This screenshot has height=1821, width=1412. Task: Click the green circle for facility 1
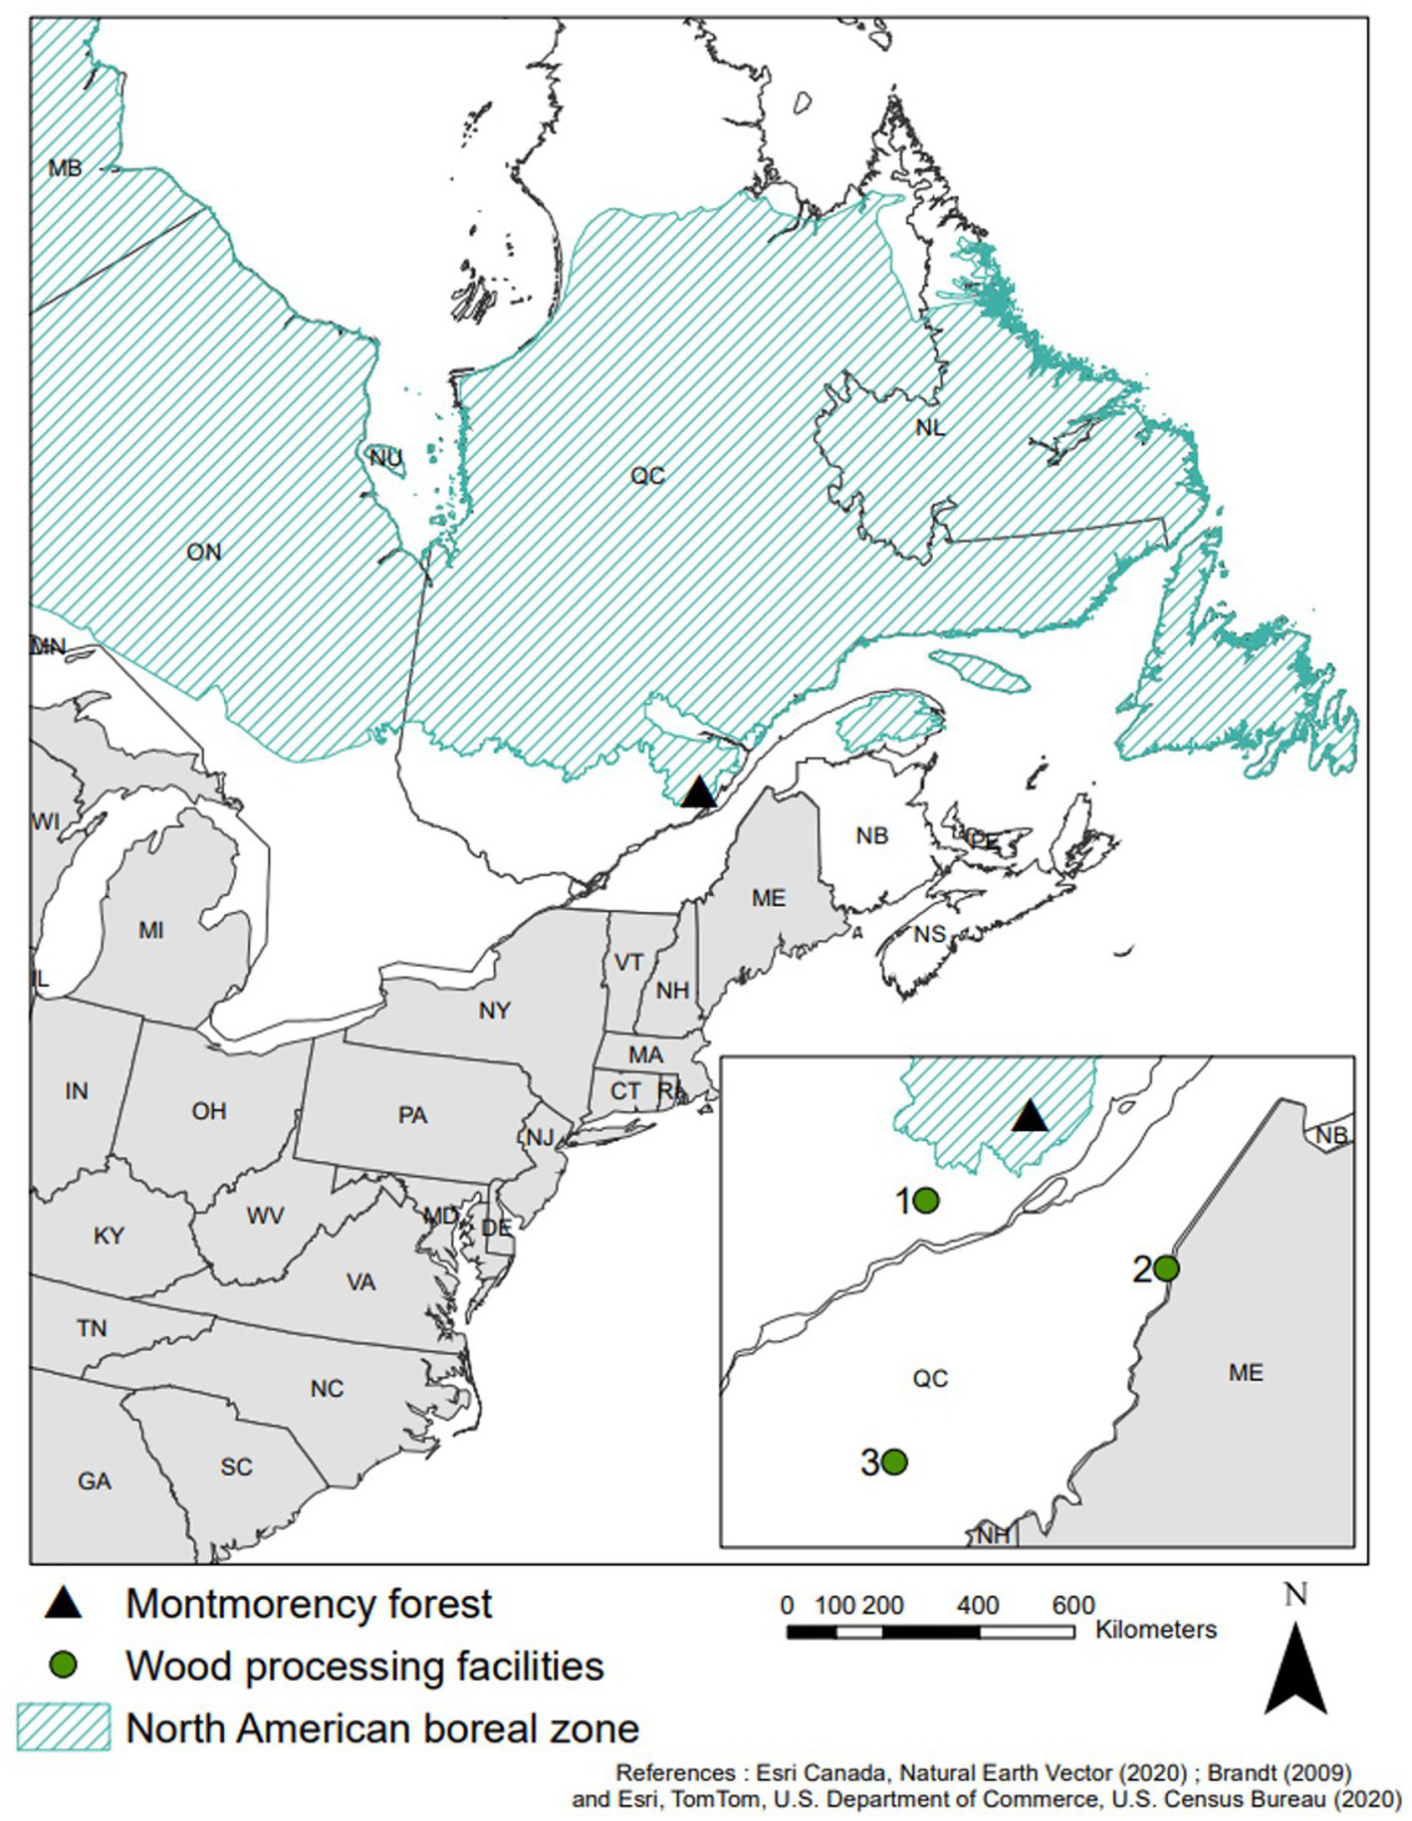click(x=926, y=1201)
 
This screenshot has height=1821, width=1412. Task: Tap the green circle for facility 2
click(x=1167, y=1268)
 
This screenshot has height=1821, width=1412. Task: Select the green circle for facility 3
click(x=894, y=1462)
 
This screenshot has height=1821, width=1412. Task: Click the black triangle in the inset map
click(x=1030, y=1117)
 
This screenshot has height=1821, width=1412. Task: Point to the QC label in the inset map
click(x=930, y=1379)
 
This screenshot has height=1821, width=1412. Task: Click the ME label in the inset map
click(x=1246, y=1373)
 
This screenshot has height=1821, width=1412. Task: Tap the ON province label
click(x=204, y=552)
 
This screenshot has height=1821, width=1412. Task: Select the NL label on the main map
click(x=930, y=427)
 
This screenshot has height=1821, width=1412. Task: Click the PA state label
click(x=412, y=1115)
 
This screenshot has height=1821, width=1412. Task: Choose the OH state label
click(x=209, y=1111)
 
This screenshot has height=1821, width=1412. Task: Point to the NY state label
click(x=494, y=1011)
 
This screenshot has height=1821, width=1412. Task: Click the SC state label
click(x=237, y=1467)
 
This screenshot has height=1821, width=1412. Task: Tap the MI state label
click(x=151, y=930)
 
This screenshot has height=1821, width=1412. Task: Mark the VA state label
click(x=360, y=1282)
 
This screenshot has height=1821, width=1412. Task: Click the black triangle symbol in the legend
click(x=65, y=1602)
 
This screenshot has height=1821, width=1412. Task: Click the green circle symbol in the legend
click(x=65, y=1664)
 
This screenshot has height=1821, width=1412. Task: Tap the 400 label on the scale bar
click(x=978, y=1605)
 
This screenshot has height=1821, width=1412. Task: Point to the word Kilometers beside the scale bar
click(x=1156, y=1630)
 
